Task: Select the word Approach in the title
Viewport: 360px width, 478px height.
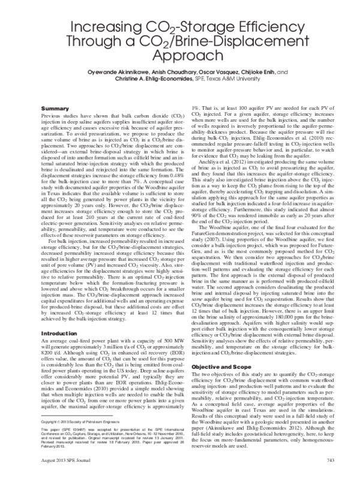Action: tap(179, 58)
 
